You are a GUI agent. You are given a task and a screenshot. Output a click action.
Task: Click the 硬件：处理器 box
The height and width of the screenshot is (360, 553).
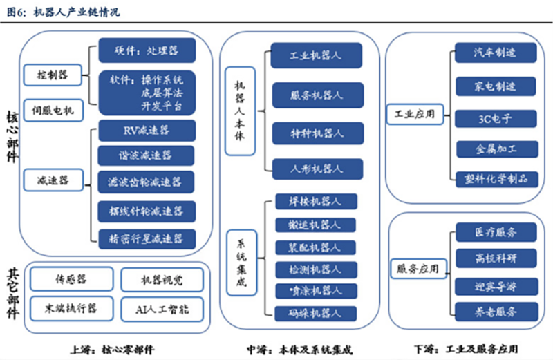click(x=147, y=50)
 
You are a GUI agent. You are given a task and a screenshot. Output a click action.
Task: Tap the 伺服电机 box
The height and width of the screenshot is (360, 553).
click(x=53, y=109)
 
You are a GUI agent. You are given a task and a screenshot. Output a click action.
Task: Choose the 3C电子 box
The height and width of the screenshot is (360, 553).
click(x=495, y=118)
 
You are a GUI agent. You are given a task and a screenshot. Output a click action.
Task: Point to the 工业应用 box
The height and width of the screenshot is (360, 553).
click(x=415, y=113)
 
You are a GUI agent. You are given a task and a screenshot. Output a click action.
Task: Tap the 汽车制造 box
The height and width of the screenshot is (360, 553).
click(x=495, y=53)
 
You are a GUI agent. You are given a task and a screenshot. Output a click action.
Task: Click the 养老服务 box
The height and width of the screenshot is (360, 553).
click(x=495, y=312)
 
